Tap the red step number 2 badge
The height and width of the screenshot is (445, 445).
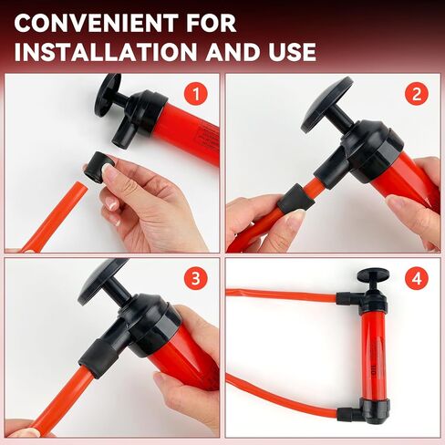point(418,93)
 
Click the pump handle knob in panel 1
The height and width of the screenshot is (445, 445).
point(109,91)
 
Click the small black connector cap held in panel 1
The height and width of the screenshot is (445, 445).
point(97,170)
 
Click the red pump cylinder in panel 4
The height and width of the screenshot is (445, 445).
point(373,356)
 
